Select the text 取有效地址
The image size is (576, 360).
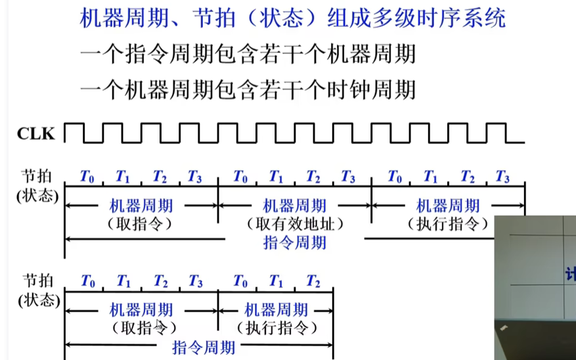(295, 224)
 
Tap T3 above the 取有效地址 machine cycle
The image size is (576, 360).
(348, 176)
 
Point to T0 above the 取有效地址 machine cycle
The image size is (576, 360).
(241, 176)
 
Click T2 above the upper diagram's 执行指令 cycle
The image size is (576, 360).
(467, 176)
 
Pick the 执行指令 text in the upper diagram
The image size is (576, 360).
(449, 224)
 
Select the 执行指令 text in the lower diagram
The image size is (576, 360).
(276, 327)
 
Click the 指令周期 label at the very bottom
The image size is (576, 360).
(204, 346)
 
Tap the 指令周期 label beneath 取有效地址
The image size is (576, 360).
(295, 242)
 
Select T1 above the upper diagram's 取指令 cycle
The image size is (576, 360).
(123, 176)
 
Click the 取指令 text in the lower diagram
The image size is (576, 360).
(141, 327)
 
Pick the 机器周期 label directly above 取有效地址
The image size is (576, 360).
(295, 206)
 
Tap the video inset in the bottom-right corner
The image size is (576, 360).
(535, 287)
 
